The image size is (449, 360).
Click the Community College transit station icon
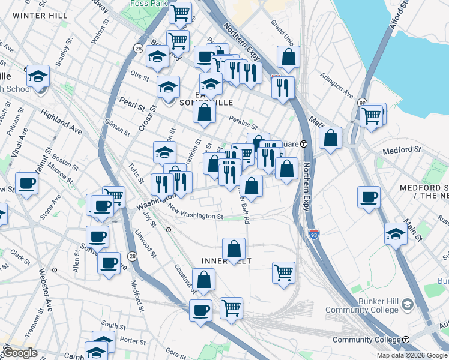(x=406, y=340)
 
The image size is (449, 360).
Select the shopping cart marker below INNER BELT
(x=283, y=271)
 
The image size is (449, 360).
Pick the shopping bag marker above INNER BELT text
(x=234, y=248)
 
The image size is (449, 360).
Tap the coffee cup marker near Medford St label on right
(x=369, y=196)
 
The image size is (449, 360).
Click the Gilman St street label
(x=117, y=127)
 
